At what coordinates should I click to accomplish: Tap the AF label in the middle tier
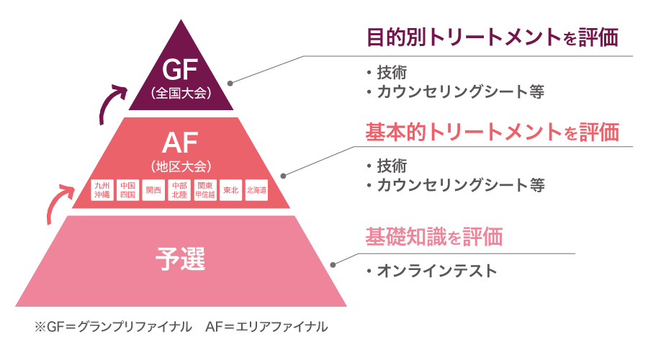(x=181, y=143)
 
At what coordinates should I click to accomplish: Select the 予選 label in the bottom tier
(x=181, y=257)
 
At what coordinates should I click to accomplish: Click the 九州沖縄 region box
(x=102, y=190)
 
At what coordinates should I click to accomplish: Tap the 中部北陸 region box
(x=179, y=190)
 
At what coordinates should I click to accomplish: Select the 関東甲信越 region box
(x=205, y=190)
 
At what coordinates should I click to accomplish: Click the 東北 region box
(x=231, y=190)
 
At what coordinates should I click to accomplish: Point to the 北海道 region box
(x=256, y=190)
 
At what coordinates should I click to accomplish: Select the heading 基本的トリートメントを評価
(x=492, y=132)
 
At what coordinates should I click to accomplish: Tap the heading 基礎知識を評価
(x=433, y=237)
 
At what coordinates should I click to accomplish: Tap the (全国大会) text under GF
(x=181, y=93)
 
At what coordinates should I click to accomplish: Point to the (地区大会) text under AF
(x=181, y=166)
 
